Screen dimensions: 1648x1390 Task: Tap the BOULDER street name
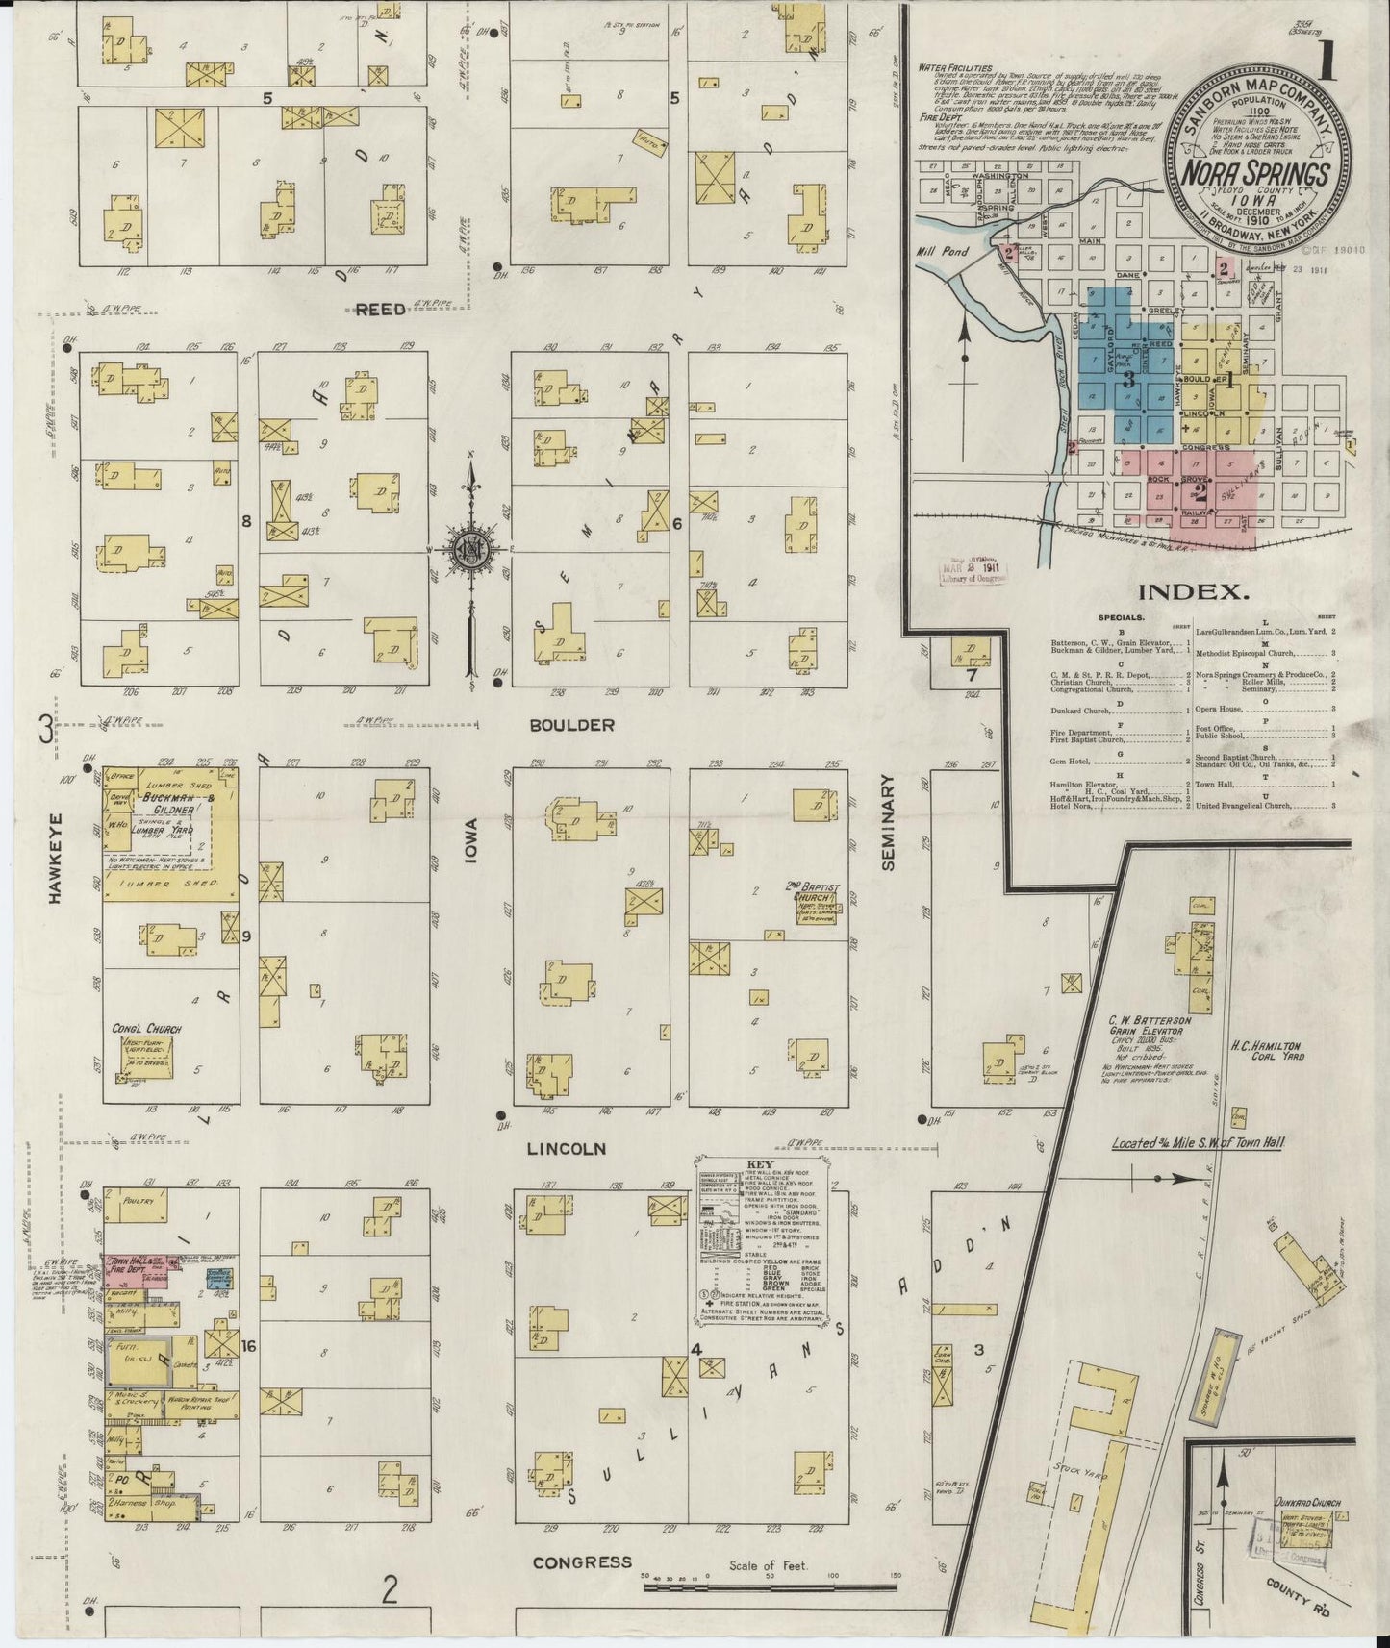point(570,725)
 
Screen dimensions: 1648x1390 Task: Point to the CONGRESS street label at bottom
point(582,1562)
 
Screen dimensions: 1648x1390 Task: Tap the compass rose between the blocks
point(470,549)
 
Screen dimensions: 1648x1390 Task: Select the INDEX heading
point(1193,592)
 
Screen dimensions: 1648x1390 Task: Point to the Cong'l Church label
point(146,1028)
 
